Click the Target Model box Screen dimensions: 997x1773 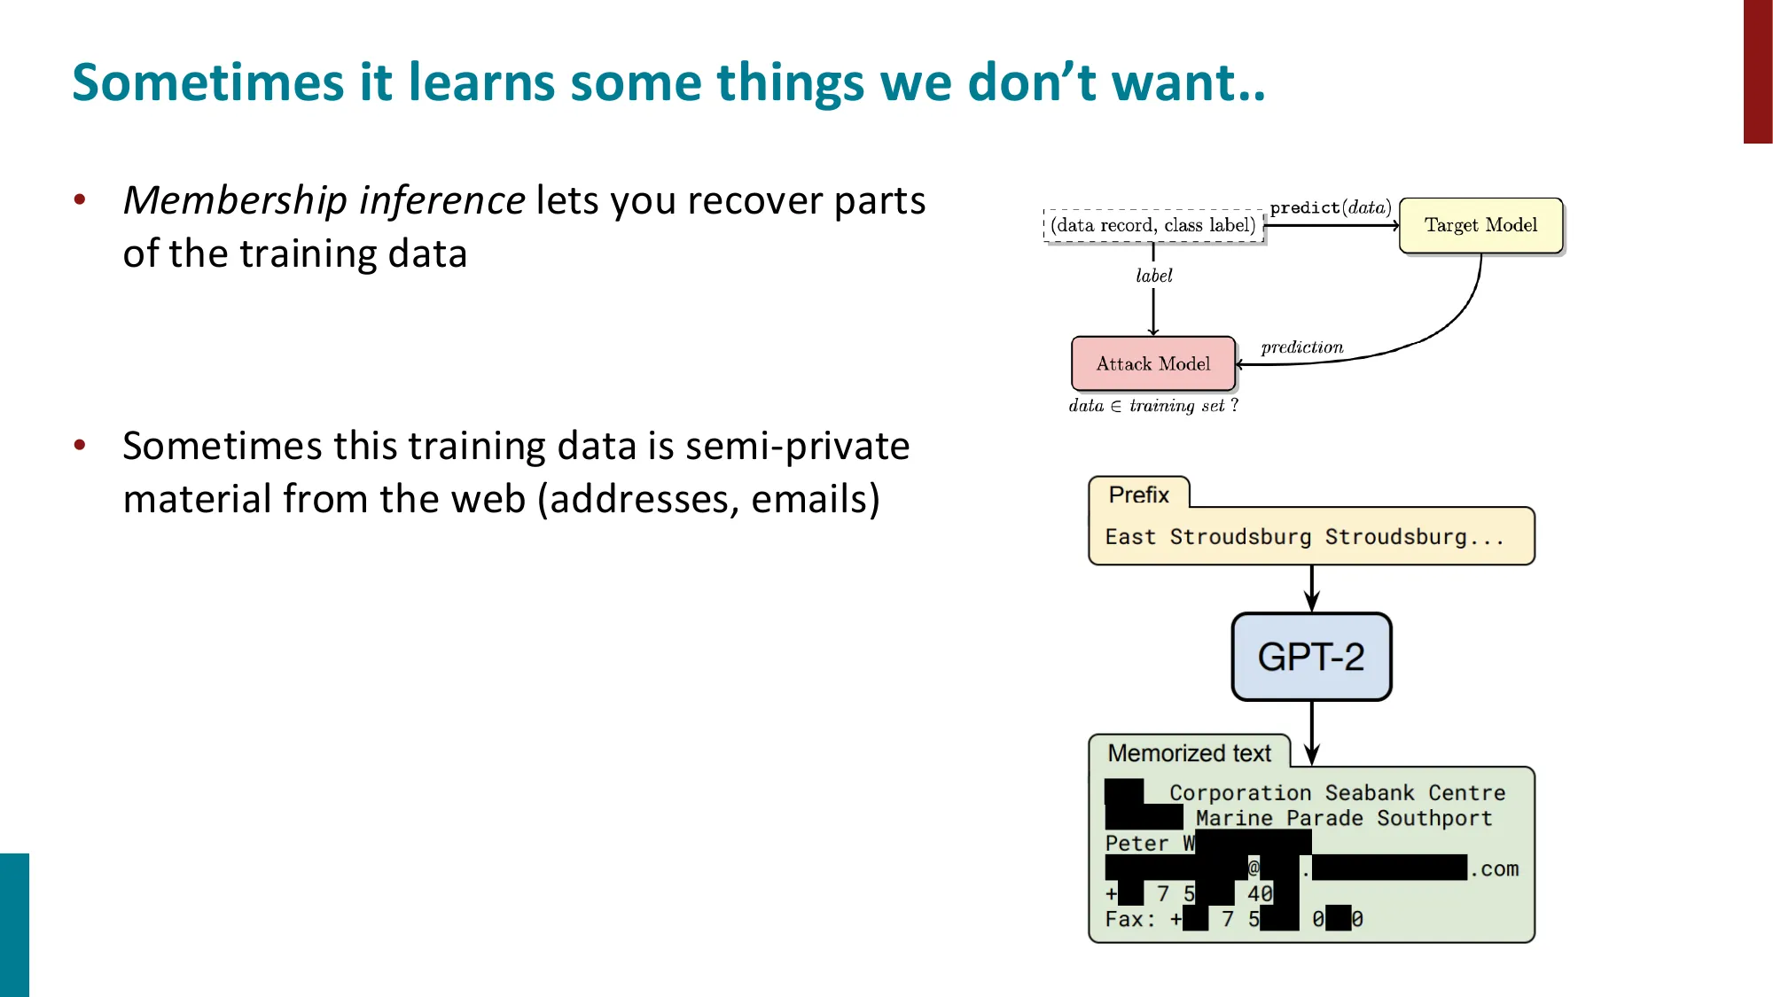coord(1480,225)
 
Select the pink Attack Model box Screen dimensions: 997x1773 coord(1152,363)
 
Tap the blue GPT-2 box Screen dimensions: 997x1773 coord(1311,657)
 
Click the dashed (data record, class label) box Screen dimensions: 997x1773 coord(1153,225)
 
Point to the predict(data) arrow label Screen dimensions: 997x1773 coord(1330,207)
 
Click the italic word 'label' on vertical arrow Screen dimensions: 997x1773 coord(1154,276)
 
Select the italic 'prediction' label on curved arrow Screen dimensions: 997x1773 coord(1302,347)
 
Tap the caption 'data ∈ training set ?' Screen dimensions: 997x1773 coord(1153,406)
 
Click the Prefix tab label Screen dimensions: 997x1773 coord(1138,495)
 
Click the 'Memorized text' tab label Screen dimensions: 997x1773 coord(1189,753)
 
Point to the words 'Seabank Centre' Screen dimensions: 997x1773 coord(1415,793)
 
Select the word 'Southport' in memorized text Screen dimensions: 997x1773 coord(1434,818)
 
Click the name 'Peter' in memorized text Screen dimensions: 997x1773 coord(1136,844)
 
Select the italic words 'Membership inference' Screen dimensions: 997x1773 coord(324,200)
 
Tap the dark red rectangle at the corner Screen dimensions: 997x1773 coord(1757,71)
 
